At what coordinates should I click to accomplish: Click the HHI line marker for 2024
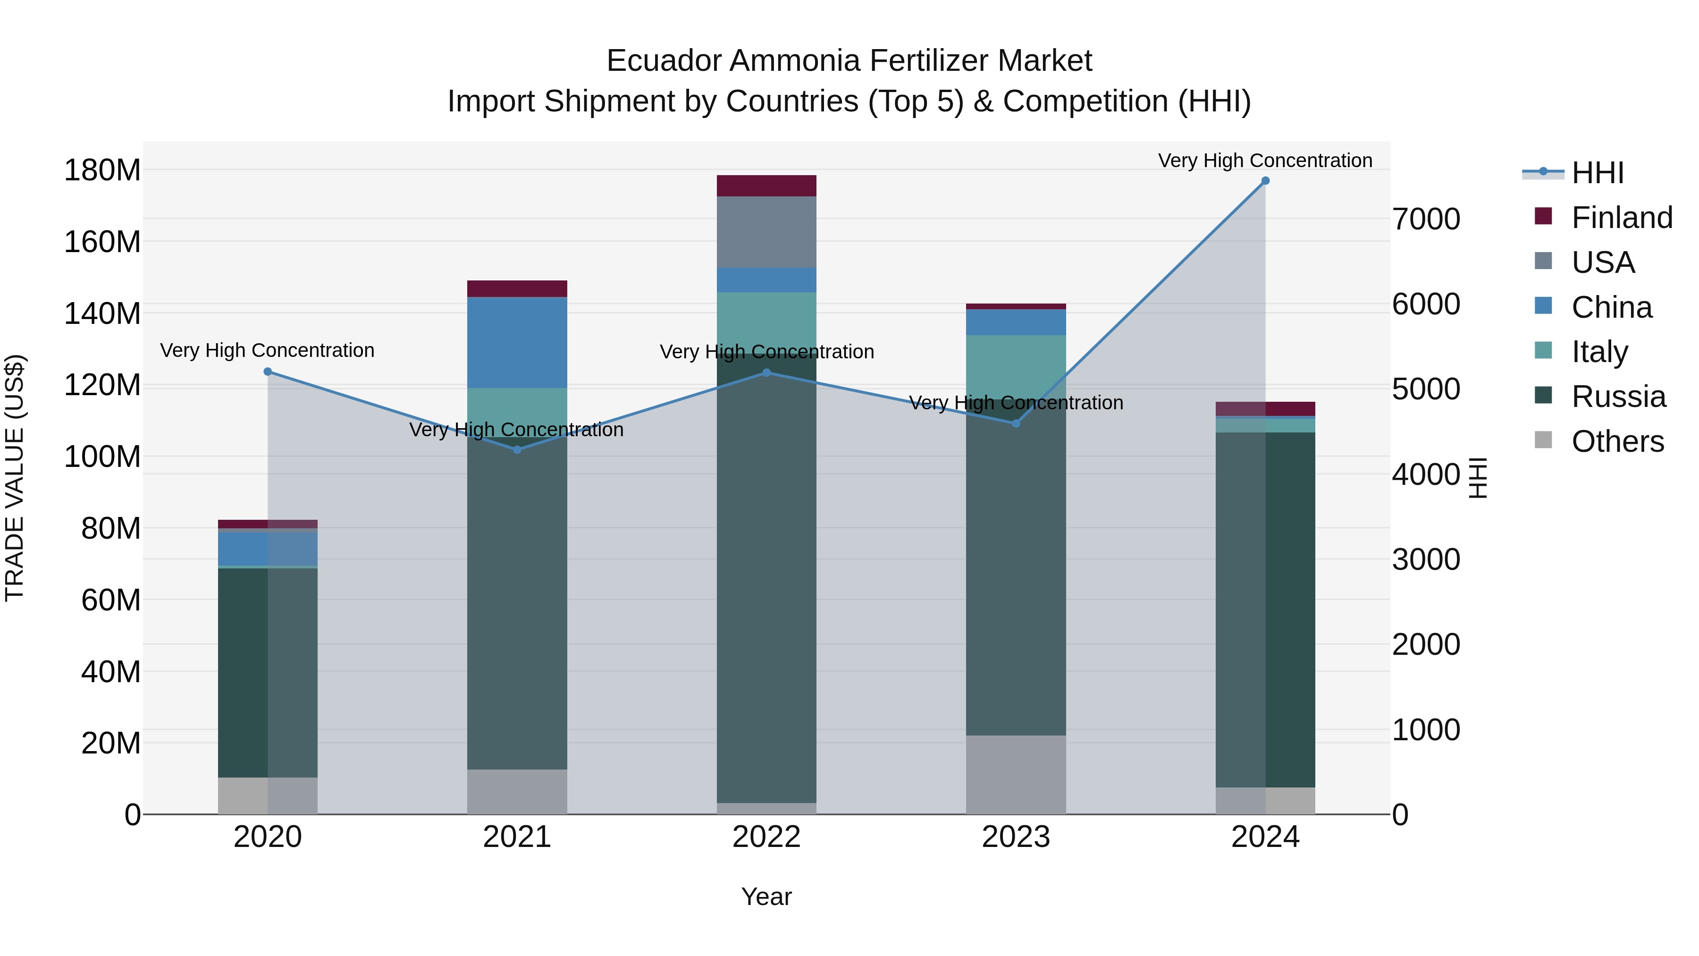click(x=1265, y=181)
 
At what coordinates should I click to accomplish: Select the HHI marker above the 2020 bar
click(x=268, y=372)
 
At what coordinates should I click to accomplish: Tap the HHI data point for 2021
click(x=517, y=450)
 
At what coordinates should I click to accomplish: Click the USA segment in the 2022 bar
click(x=766, y=232)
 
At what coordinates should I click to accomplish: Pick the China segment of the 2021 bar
click(x=517, y=342)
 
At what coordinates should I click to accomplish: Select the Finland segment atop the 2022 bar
click(x=766, y=186)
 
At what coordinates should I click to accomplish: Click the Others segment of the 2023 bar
click(x=1016, y=775)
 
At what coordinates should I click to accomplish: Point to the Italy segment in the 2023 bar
click(x=1016, y=363)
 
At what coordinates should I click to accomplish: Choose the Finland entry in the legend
click(x=1621, y=218)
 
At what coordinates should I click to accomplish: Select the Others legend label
click(x=1617, y=441)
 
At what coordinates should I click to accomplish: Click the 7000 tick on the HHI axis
click(x=1426, y=219)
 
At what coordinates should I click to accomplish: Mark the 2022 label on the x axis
click(x=766, y=837)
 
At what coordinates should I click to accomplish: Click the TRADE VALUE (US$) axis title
click(x=15, y=478)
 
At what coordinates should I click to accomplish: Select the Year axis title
click(x=766, y=897)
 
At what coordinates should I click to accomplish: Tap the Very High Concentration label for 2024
click(x=1265, y=161)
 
